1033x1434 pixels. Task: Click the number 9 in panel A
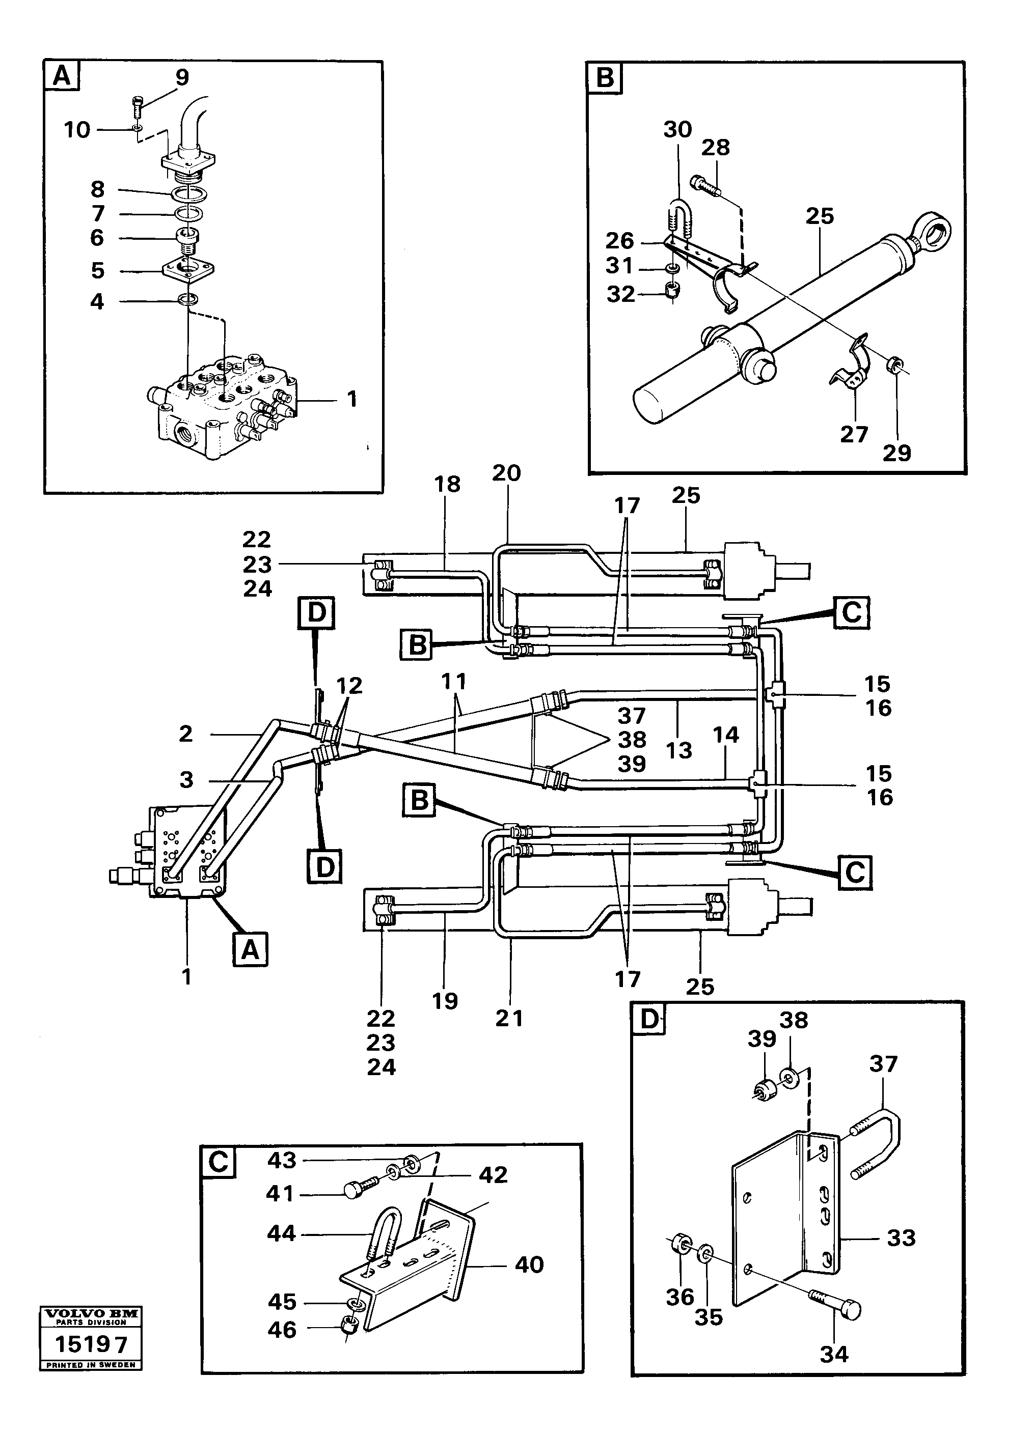pos(181,78)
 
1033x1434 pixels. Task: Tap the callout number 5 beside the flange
pos(97,271)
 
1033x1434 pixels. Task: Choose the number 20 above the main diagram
pos(506,473)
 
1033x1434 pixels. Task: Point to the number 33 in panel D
pos(901,1238)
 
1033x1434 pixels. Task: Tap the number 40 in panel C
pos(529,1264)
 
